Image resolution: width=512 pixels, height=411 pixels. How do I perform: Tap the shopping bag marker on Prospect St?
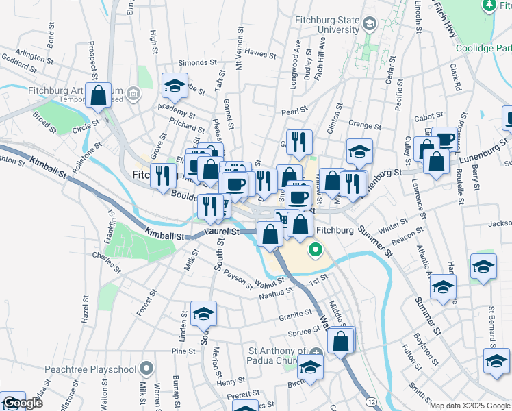98,96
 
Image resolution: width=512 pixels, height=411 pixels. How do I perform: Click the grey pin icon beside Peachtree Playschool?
146,369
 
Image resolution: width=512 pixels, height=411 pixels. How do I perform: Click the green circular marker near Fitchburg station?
316,250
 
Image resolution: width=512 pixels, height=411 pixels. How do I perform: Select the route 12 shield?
370,400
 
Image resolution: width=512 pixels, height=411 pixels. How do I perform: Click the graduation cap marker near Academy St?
175,86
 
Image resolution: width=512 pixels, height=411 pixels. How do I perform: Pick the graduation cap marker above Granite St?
203,314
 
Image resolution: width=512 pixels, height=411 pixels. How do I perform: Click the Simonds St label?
192,62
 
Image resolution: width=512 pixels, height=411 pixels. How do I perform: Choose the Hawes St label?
259,52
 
